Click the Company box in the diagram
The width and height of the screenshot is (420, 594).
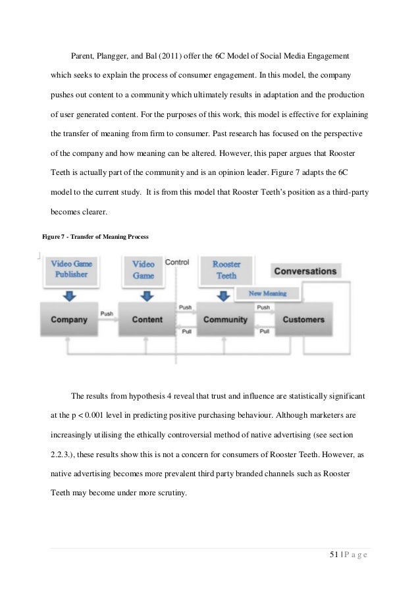click(x=68, y=320)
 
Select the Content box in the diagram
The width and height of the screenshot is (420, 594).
click(x=147, y=320)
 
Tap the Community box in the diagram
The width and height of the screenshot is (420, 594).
click(x=226, y=320)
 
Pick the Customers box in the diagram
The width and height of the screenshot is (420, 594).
click(x=303, y=320)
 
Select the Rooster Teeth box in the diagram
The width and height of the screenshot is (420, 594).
click(x=226, y=269)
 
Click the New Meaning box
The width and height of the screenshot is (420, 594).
click(x=271, y=293)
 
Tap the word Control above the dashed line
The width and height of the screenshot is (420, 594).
click(x=176, y=262)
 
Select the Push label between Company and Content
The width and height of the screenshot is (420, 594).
click(x=107, y=314)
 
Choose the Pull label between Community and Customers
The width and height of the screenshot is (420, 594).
click(x=264, y=331)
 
